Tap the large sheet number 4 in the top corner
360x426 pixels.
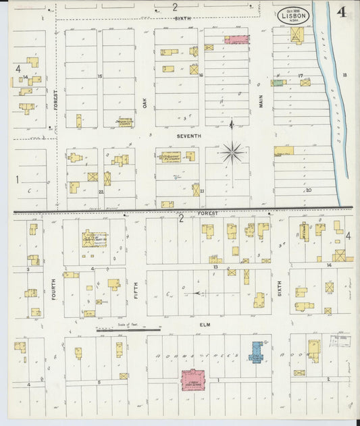pos(342,11)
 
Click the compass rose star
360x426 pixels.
pos(232,153)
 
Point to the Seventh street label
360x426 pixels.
pos(189,136)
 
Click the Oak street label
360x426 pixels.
pos(145,102)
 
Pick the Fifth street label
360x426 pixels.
pos(136,290)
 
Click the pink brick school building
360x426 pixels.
pos(193,380)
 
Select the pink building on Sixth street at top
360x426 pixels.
pos(236,40)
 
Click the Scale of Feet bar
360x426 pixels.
pos(128,330)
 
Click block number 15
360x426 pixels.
pos(99,76)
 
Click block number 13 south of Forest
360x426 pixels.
pos(215,267)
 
